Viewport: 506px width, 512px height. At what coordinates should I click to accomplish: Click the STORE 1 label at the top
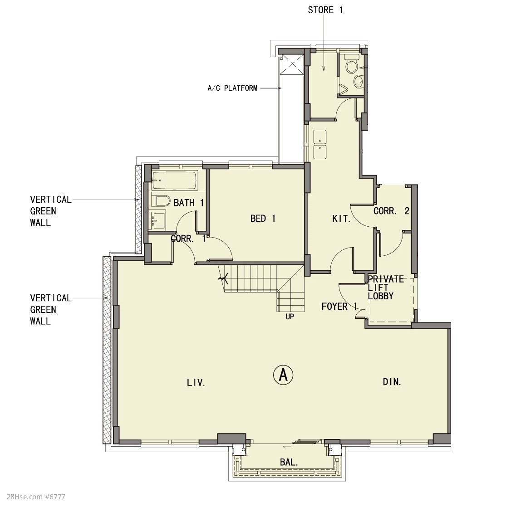click(x=325, y=10)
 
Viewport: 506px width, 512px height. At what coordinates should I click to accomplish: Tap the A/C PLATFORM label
click(x=232, y=88)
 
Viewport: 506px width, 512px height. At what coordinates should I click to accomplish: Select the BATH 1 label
click(x=188, y=203)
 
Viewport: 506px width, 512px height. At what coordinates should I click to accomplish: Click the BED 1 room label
click(x=263, y=218)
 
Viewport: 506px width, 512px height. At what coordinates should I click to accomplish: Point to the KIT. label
click(x=341, y=219)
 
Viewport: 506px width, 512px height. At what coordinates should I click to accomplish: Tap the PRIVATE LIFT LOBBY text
click(x=386, y=288)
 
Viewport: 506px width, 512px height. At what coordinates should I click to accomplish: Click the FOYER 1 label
click(x=339, y=306)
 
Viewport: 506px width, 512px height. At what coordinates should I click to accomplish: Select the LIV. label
click(x=196, y=382)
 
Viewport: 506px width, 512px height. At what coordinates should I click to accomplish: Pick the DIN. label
click(x=392, y=382)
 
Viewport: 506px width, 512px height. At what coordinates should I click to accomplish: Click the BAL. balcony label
click(x=289, y=462)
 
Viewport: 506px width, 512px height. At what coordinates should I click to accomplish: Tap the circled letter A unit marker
click(x=283, y=375)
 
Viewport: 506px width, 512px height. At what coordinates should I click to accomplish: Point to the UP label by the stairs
click(x=290, y=317)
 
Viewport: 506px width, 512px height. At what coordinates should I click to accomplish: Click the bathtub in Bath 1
click(x=175, y=180)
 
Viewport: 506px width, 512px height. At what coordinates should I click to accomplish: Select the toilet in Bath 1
click(x=161, y=201)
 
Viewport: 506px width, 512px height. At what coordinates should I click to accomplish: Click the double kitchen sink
click(x=320, y=144)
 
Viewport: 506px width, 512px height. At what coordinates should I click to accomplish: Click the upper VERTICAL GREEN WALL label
click(x=51, y=211)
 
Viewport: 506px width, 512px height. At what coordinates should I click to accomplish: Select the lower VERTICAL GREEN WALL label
click(x=51, y=309)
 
